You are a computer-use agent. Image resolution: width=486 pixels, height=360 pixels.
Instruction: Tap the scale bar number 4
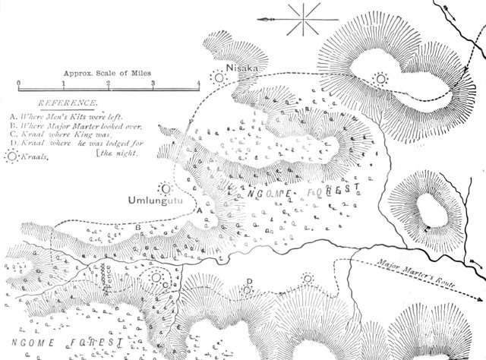pos(199,83)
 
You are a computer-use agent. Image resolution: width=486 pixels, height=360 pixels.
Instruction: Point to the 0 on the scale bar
pos(17,84)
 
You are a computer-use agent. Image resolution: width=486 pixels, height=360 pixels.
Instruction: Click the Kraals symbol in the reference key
pos(11,155)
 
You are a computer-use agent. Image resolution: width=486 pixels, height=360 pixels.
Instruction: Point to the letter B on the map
pos(137,226)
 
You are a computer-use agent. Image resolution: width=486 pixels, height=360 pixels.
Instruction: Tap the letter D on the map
pos(248,282)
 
